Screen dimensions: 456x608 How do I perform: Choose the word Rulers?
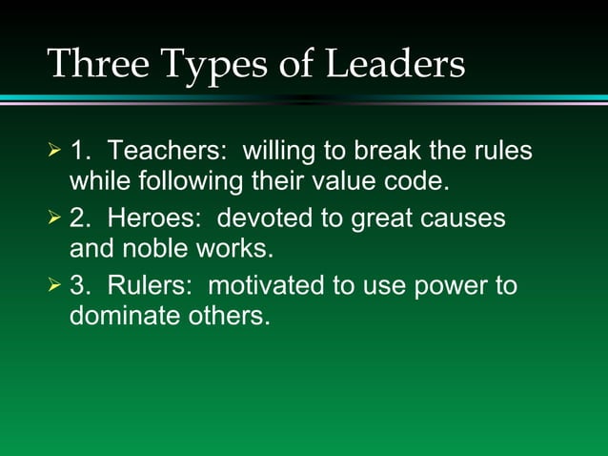pyautogui.click(x=150, y=286)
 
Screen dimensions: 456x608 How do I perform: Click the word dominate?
pyautogui.click(x=121, y=315)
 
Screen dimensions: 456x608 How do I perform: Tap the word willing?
pyautogui.click(x=283, y=153)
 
